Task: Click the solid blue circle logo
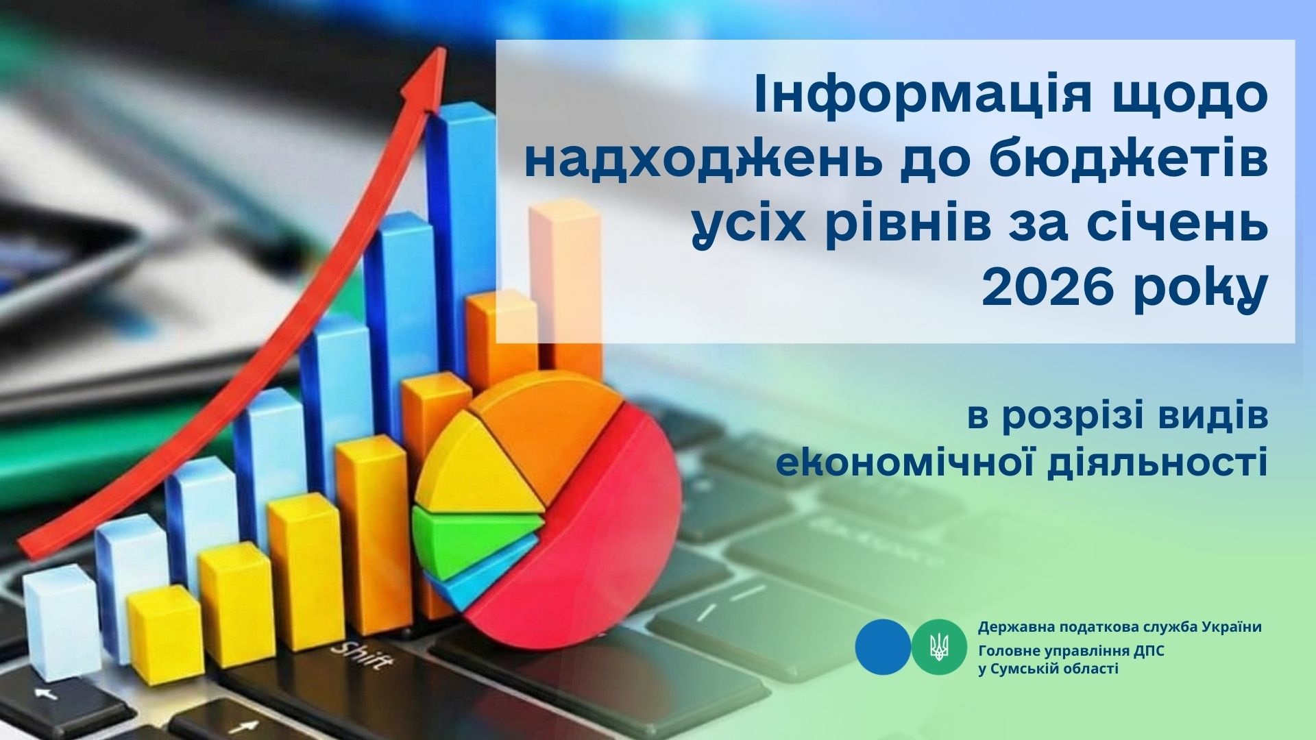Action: [x=883, y=647]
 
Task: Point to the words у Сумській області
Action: [x=1048, y=668]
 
